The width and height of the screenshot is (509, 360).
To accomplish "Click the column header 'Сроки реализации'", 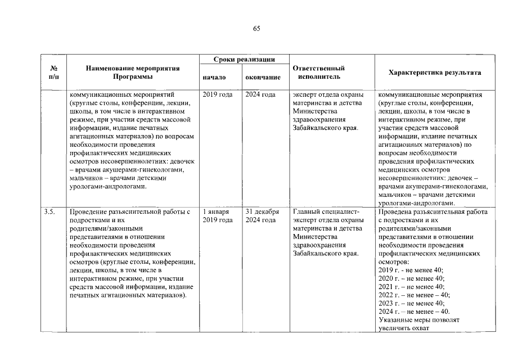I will click(244, 59).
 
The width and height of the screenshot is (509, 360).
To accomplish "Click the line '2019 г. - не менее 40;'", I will click(411, 270).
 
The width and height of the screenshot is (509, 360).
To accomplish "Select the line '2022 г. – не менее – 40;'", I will click(415, 295).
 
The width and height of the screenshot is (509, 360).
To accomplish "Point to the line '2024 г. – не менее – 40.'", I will click(415, 312).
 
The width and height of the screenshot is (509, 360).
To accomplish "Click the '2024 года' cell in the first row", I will click(260, 94).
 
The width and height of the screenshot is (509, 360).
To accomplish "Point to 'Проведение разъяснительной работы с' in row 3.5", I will click(129, 212).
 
